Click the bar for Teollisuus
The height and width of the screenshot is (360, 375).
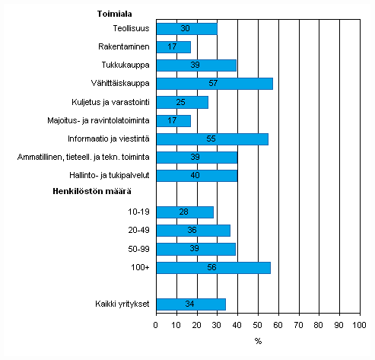186,29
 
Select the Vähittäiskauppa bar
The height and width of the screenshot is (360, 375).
214,83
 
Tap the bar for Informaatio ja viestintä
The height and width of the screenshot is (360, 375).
212,139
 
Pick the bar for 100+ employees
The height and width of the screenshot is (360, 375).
213,267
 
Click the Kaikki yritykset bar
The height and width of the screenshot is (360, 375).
190,304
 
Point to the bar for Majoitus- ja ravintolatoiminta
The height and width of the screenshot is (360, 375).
173,120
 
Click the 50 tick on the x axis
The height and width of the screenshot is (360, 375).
258,326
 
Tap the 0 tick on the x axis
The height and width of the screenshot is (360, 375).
156,326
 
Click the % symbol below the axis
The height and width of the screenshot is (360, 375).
258,341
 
